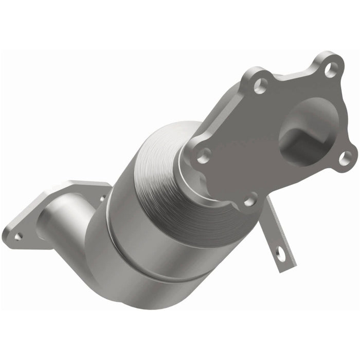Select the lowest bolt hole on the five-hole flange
coord(249,200)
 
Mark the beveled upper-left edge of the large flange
coord(226,111)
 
